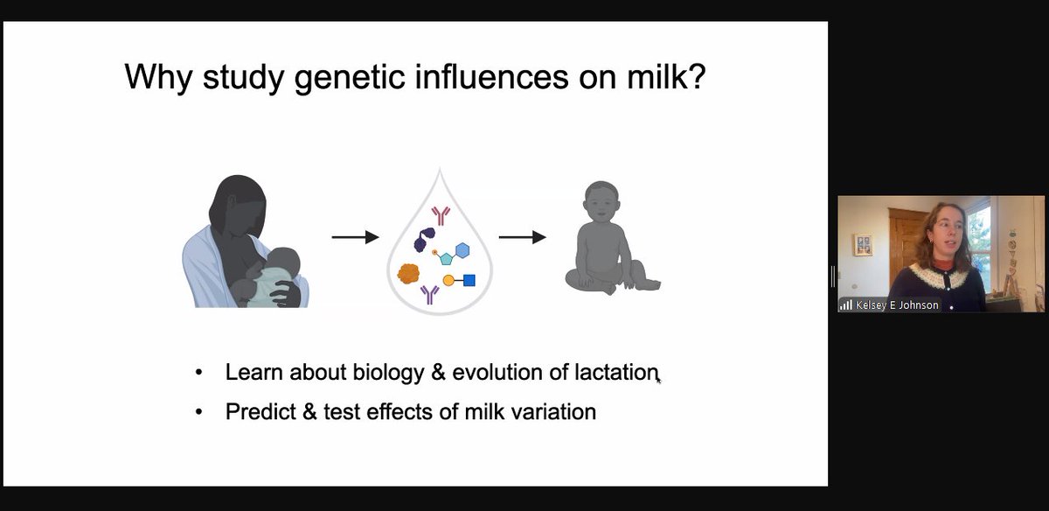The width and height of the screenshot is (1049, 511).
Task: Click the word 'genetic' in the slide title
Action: coord(350,77)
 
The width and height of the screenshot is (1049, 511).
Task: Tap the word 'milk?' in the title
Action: coord(666,76)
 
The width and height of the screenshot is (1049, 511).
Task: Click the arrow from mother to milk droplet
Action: coord(355,237)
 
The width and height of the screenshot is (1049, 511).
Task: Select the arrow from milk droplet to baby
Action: coord(522,237)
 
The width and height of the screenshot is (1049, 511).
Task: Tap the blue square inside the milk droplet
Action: coord(469,280)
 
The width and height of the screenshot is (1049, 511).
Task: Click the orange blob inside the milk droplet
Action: coord(408,274)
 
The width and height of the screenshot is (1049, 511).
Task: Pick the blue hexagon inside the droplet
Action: coord(462,250)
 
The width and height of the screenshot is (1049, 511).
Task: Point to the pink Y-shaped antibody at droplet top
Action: coord(441,215)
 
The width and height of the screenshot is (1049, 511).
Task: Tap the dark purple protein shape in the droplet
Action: coord(424,240)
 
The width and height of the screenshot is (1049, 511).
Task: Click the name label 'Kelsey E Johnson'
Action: coord(897,305)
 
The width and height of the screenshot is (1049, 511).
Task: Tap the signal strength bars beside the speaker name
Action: coord(846,305)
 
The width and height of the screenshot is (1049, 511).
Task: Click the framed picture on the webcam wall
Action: coord(863,245)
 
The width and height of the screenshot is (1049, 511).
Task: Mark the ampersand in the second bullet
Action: coord(309,411)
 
